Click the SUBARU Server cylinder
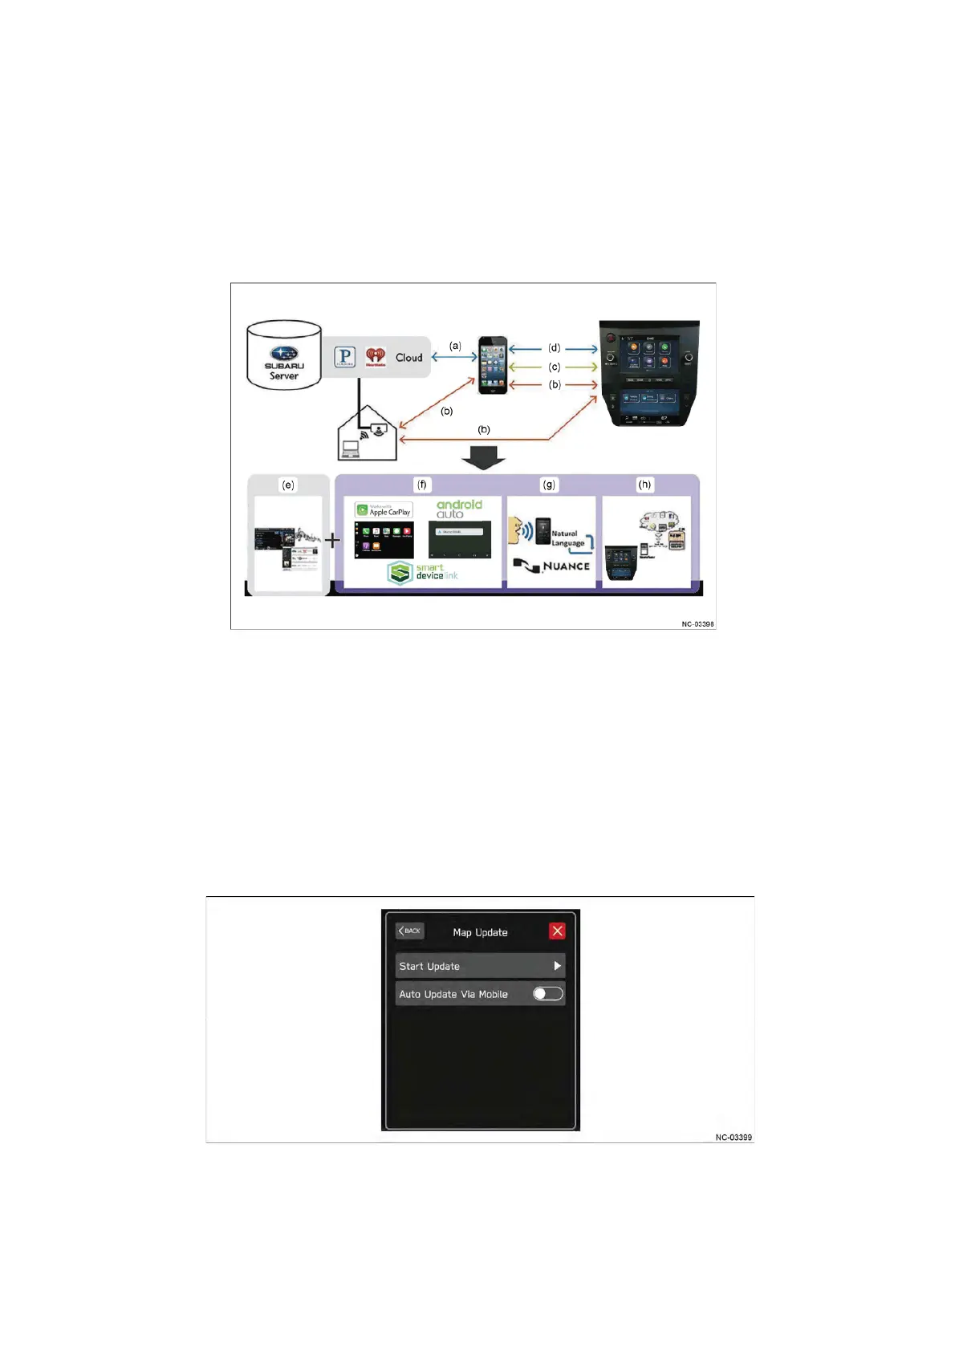[284, 355]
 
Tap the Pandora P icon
[344, 357]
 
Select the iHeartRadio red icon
[376, 357]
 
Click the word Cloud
[408, 358]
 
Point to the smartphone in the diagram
[493, 365]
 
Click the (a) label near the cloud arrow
[455, 346]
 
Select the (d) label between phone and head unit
[555, 348]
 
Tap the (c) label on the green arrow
[555, 367]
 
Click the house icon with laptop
[368, 434]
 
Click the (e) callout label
[287, 485]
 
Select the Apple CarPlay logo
[384, 510]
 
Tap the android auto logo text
[459, 509]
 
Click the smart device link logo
[423, 572]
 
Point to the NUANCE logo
[552, 566]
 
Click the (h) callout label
[644, 485]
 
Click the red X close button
[557, 931]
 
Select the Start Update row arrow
[557, 966]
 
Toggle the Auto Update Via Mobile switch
[548, 994]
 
